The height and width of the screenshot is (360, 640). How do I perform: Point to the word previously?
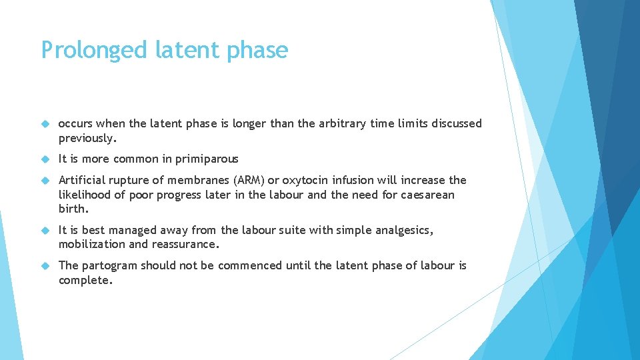tap(87, 138)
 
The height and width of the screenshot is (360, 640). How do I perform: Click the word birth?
tap(73, 209)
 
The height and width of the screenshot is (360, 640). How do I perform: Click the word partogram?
tap(111, 266)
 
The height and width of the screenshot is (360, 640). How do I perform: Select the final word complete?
tap(85, 281)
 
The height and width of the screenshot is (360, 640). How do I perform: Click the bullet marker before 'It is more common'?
tap(46, 159)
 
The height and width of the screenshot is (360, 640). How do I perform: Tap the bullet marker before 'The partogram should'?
tap(46, 266)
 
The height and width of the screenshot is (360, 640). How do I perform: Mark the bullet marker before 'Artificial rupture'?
tap(46, 181)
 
